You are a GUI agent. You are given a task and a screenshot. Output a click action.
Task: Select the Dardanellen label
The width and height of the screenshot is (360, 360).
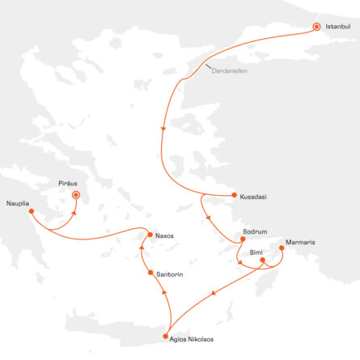point(229,71)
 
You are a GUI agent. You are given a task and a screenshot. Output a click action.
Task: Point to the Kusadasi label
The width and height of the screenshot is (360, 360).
point(255,197)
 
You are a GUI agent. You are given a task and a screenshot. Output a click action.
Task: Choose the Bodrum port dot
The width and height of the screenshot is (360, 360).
point(243,240)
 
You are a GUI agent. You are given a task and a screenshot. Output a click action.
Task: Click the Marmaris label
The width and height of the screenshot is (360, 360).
point(300,243)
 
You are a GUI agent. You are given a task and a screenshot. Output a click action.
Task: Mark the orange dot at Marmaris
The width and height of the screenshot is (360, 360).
point(282,246)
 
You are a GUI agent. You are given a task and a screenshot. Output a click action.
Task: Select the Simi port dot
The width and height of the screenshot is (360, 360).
point(262,260)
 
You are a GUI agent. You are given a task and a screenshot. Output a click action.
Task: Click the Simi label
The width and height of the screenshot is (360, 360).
point(256,252)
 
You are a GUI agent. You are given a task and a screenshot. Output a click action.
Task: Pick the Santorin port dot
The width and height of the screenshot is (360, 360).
point(150,273)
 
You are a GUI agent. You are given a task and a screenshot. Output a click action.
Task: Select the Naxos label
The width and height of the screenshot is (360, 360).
point(164,236)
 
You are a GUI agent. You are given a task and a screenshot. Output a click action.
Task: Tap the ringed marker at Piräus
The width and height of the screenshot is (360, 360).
point(76,195)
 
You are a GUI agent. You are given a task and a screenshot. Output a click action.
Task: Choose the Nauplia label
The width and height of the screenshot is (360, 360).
point(18,203)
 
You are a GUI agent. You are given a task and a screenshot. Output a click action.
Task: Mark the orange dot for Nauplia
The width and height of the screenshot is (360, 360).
point(31,212)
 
